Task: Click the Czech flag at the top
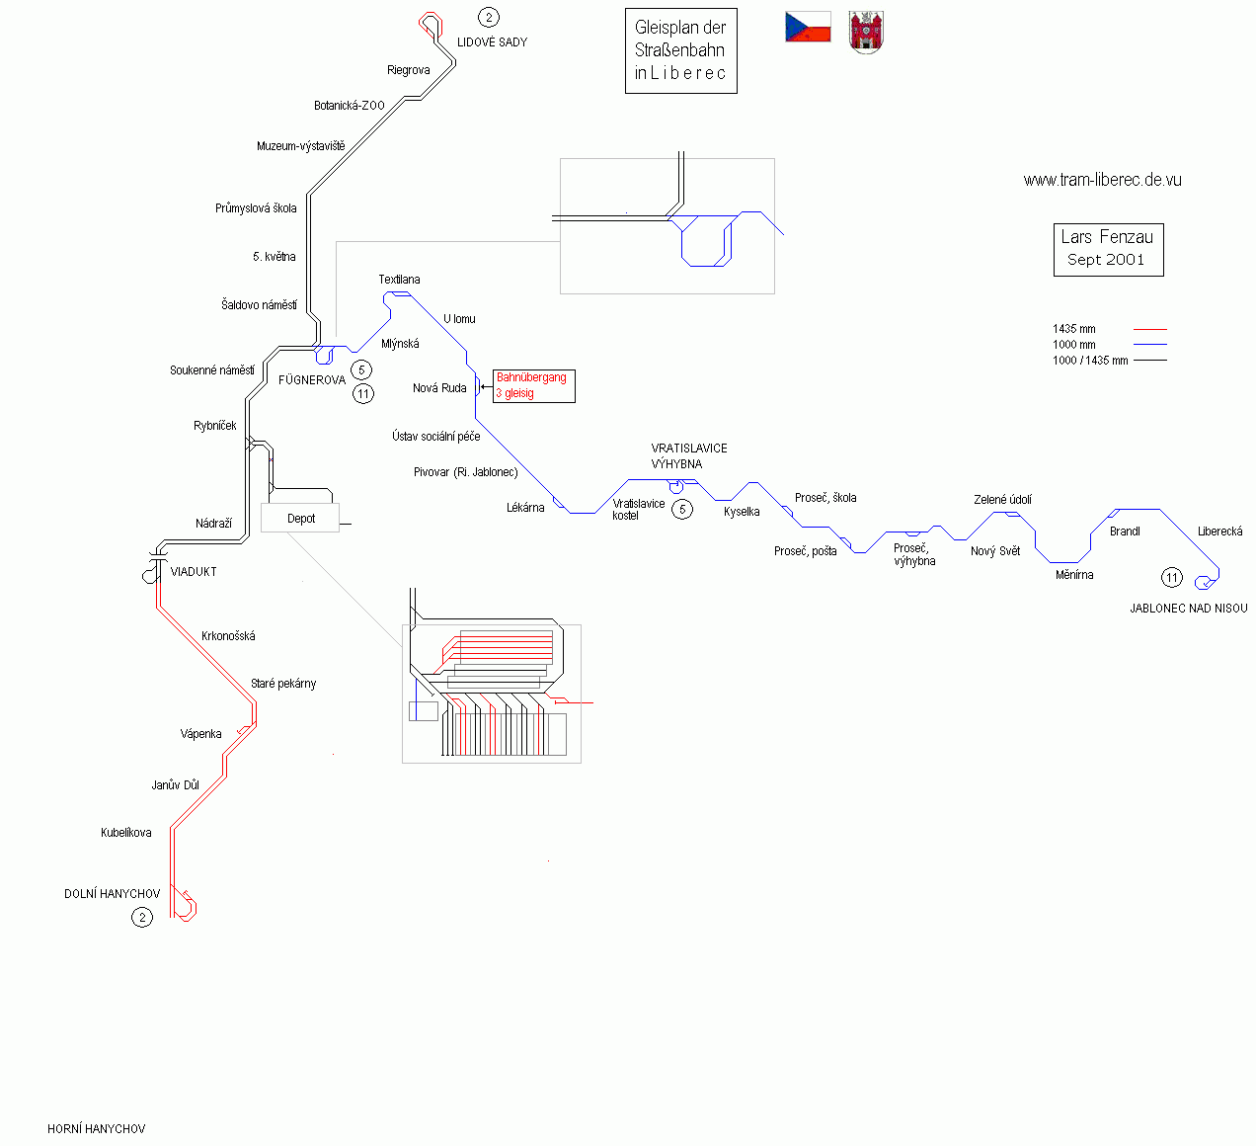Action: (x=808, y=28)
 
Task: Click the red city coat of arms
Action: (x=866, y=34)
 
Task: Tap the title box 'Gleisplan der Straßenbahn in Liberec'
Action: (x=680, y=50)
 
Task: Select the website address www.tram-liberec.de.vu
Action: (x=1102, y=180)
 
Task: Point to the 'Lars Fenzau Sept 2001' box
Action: (x=1107, y=249)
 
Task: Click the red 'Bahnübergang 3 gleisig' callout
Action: (x=533, y=385)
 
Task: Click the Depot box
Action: (x=300, y=518)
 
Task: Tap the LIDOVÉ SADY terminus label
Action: (x=492, y=42)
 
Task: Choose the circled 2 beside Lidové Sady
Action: (x=488, y=17)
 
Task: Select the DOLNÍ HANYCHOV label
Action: (x=112, y=894)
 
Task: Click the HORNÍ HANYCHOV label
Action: (x=96, y=1128)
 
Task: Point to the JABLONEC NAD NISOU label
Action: (x=1188, y=609)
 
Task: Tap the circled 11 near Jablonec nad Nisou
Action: (x=1171, y=578)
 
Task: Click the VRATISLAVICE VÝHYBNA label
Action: (x=688, y=455)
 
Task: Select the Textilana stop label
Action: (x=399, y=280)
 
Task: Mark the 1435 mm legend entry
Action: (x=1074, y=329)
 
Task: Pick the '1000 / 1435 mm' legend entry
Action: (x=1090, y=361)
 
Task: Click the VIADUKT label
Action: (x=194, y=572)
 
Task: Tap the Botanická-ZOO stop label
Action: (x=349, y=106)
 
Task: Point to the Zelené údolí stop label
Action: (x=1002, y=500)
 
